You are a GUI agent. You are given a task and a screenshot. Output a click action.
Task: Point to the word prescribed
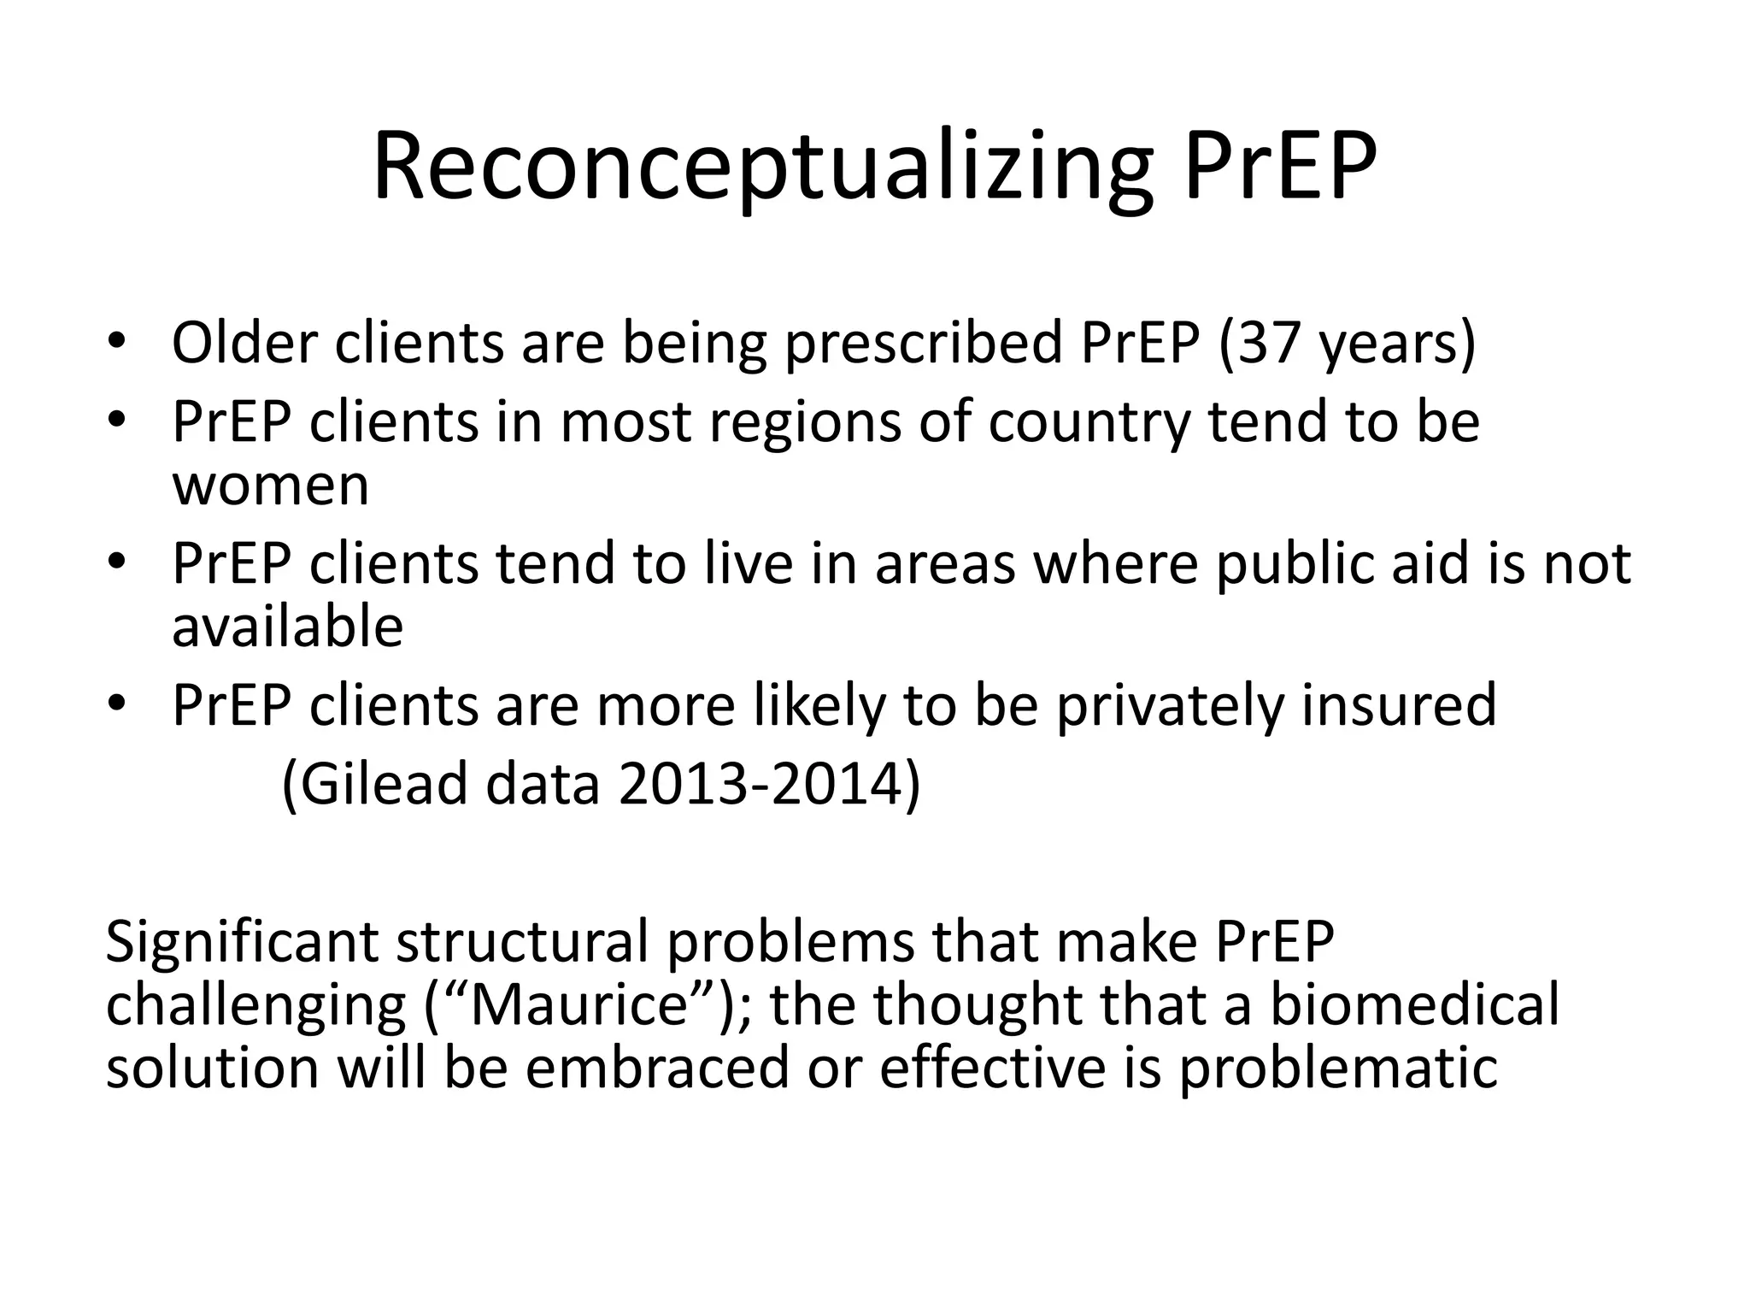[x=923, y=344]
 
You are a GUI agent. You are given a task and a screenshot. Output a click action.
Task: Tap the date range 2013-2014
[x=761, y=784]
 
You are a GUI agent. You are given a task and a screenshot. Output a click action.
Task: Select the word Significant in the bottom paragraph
[x=242, y=942]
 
